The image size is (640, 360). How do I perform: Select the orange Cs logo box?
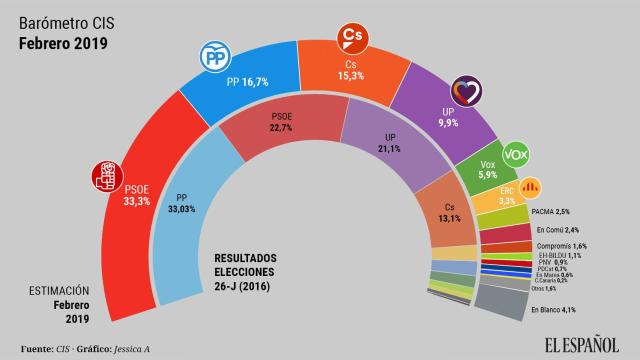click(351, 37)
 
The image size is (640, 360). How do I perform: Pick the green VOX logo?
click(515, 155)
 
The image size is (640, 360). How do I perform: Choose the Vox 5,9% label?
click(488, 169)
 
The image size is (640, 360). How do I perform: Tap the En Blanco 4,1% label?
click(553, 310)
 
